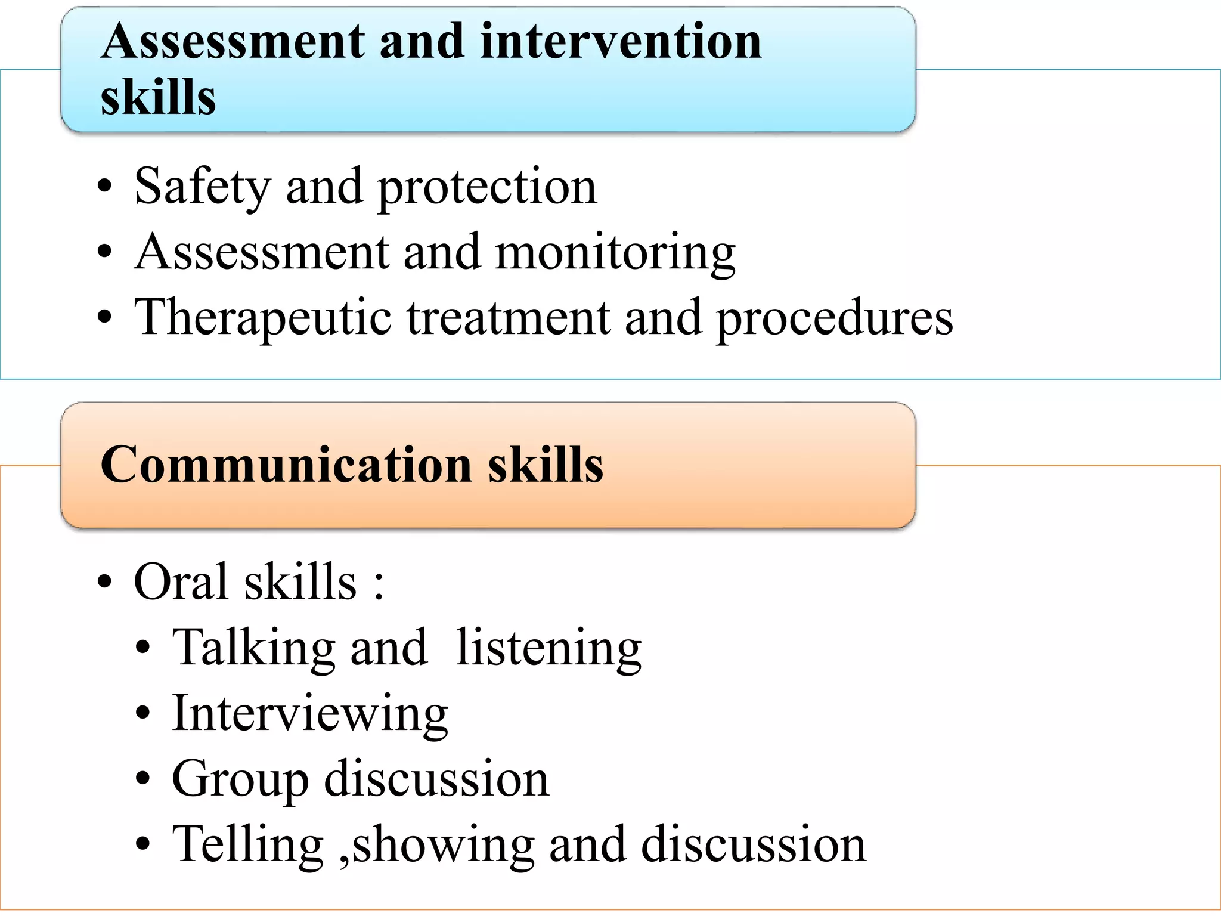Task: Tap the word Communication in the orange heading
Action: pos(286,465)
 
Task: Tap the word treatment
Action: pos(509,317)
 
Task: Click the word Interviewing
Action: pos(309,714)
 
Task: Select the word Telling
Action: pos(247,845)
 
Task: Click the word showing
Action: pos(443,845)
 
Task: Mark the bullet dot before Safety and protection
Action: pos(105,186)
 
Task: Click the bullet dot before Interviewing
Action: pos(142,713)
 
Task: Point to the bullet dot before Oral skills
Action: pos(105,581)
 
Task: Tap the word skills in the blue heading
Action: pos(158,97)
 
